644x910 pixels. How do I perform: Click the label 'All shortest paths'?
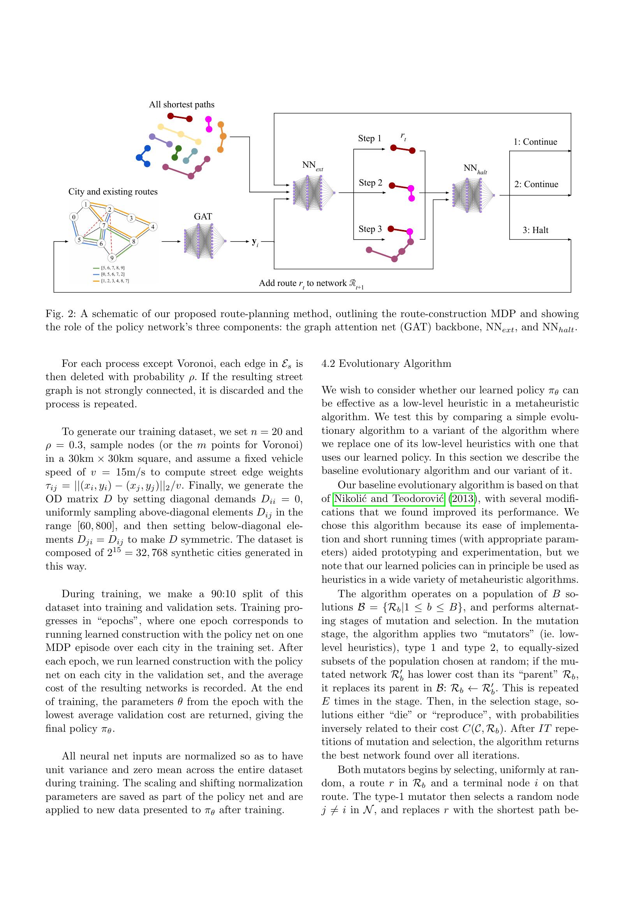(181, 105)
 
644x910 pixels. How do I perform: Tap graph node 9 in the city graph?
(112, 258)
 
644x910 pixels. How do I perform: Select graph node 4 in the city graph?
(153, 227)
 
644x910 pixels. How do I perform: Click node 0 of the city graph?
(74, 217)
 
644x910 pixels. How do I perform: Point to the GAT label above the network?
(202, 216)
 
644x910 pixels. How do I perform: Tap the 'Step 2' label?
(370, 183)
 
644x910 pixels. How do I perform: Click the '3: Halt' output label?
(535, 230)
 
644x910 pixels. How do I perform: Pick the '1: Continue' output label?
(535, 142)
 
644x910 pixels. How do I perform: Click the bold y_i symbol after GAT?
(255, 241)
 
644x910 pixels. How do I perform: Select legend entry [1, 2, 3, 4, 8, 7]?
(115, 281)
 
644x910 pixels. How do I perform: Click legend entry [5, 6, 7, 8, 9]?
(113, 268)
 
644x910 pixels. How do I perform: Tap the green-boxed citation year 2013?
(463, 499)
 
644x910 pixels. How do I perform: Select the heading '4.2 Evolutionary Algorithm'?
(386, 363)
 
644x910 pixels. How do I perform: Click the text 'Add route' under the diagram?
(278, 283)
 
